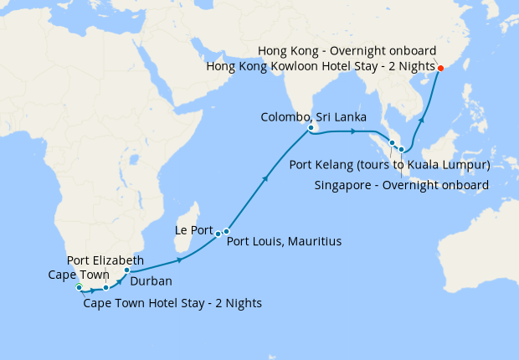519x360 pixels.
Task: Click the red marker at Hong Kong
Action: pyautogui.click(x=441, y=68)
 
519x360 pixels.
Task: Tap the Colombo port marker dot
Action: pyautogui.click(x=311, y=128)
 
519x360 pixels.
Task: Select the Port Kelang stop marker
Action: pyautogui.click(x=392, y=143)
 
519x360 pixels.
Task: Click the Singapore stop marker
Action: pyautogui.click(x=402, y=150)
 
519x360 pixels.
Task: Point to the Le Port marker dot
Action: pyautogui.click(x=218, y=233)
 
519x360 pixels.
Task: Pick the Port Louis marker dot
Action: pyautogui.click(x=226, y=231)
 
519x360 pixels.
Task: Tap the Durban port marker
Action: pyautogui.click(x=126, y=270)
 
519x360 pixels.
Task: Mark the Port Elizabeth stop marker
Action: pyautogui.click(x=106, y=287)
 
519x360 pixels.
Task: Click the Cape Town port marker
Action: pyautogui.click(x=79, y=287)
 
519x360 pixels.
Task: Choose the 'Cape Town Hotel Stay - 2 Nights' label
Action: pyautogui.click(x=172, y=303)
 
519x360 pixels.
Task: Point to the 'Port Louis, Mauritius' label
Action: pyautogui.click(x=285, y=241)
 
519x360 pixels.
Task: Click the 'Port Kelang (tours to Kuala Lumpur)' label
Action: pyautogui.click(x=389, y=164)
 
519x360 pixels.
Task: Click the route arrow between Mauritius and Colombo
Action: pyautogui.click(x=266, y=178)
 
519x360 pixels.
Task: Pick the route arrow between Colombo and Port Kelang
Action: pyautogui.click(x=352, y=131)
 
